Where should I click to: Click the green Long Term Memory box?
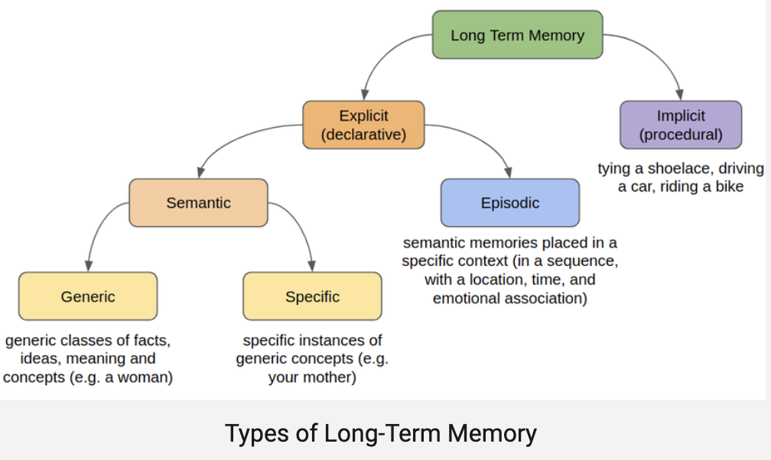517,35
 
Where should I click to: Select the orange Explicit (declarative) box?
363,125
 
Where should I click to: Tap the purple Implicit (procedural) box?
681,125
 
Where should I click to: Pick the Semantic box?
198,203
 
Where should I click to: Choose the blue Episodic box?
509,203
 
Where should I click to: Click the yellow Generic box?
87,296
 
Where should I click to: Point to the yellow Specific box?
312,296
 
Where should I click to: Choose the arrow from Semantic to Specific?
302,229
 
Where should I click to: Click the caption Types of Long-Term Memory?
381,433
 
